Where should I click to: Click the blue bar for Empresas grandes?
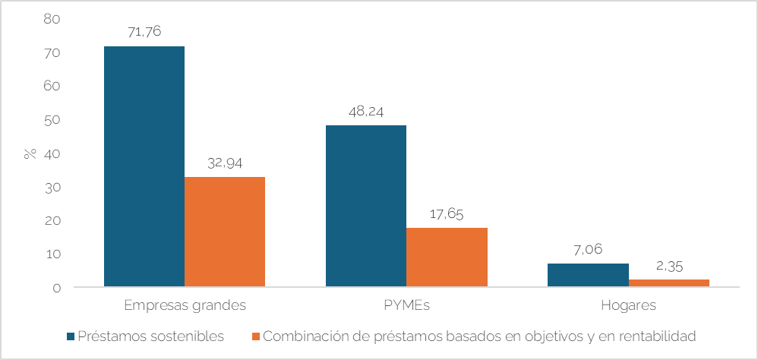pyautogui.click(x=144, y=166)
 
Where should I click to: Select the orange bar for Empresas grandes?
pyautogui.click(x=225, y=232)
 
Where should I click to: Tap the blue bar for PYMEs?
pyautogui.click(x=366, y=206)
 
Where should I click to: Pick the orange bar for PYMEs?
pyautogui.click(x=447, y=257)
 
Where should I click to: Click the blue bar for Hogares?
pyautogui.click(x=588, y=275)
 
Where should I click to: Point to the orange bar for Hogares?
pyautogui.click(x=668, y=283)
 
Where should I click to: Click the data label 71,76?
pyautogui.click(x=144, y=32)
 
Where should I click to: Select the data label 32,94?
pyautogui.click(x=225, y=163)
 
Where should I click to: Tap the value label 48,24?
pyautogui.click(x=366, y=111)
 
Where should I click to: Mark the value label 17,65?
pyautogui.click(x=447, y=213)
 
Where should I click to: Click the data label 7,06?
pyautogui.click(x=588, y=249)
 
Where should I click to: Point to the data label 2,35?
pyautogui.click(x=668, y=265)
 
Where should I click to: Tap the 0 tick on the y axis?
pyautogui.click(x=56, y=288)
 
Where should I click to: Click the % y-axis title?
pyautogui.click(x=30, y=153)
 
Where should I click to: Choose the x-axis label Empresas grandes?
pyautogui.click(x=185, y=306)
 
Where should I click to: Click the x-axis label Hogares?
pyautogui.click(x=628, y=306)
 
